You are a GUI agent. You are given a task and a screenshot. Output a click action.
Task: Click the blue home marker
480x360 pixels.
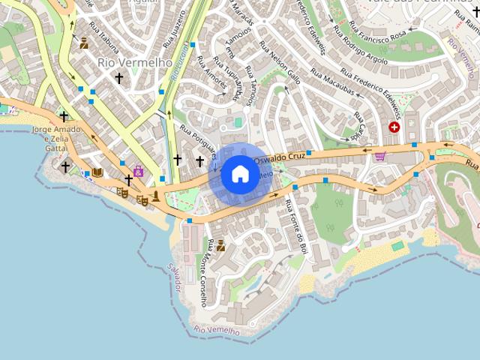240,174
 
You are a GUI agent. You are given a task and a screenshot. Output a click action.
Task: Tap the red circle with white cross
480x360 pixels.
394,127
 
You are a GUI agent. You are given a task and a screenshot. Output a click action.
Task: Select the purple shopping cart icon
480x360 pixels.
379,156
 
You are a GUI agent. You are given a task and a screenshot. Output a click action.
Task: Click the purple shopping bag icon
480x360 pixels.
138,171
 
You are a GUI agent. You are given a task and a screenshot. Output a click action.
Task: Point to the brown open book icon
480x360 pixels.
97,172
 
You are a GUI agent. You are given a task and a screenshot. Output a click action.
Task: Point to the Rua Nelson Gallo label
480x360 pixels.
280,62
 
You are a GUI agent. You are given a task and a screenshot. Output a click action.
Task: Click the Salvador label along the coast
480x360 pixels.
174,277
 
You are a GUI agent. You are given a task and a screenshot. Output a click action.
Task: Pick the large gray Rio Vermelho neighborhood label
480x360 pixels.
135,62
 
